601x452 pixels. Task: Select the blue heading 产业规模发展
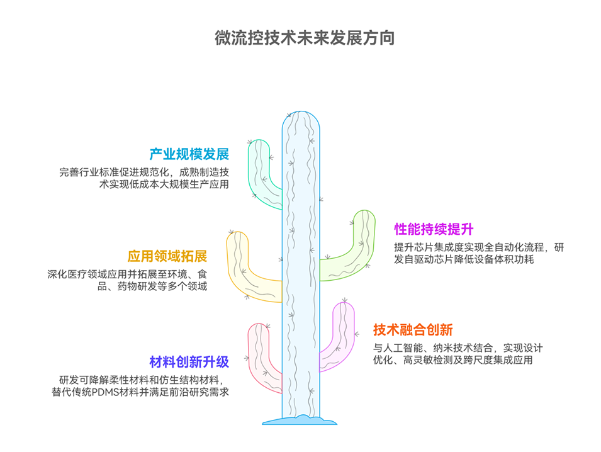(189, 155)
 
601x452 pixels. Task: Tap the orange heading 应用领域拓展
(167, 257)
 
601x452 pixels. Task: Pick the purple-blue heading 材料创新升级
(189, 362)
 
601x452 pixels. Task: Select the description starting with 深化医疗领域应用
(127, 280)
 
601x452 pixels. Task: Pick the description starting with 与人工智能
(458, 354)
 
